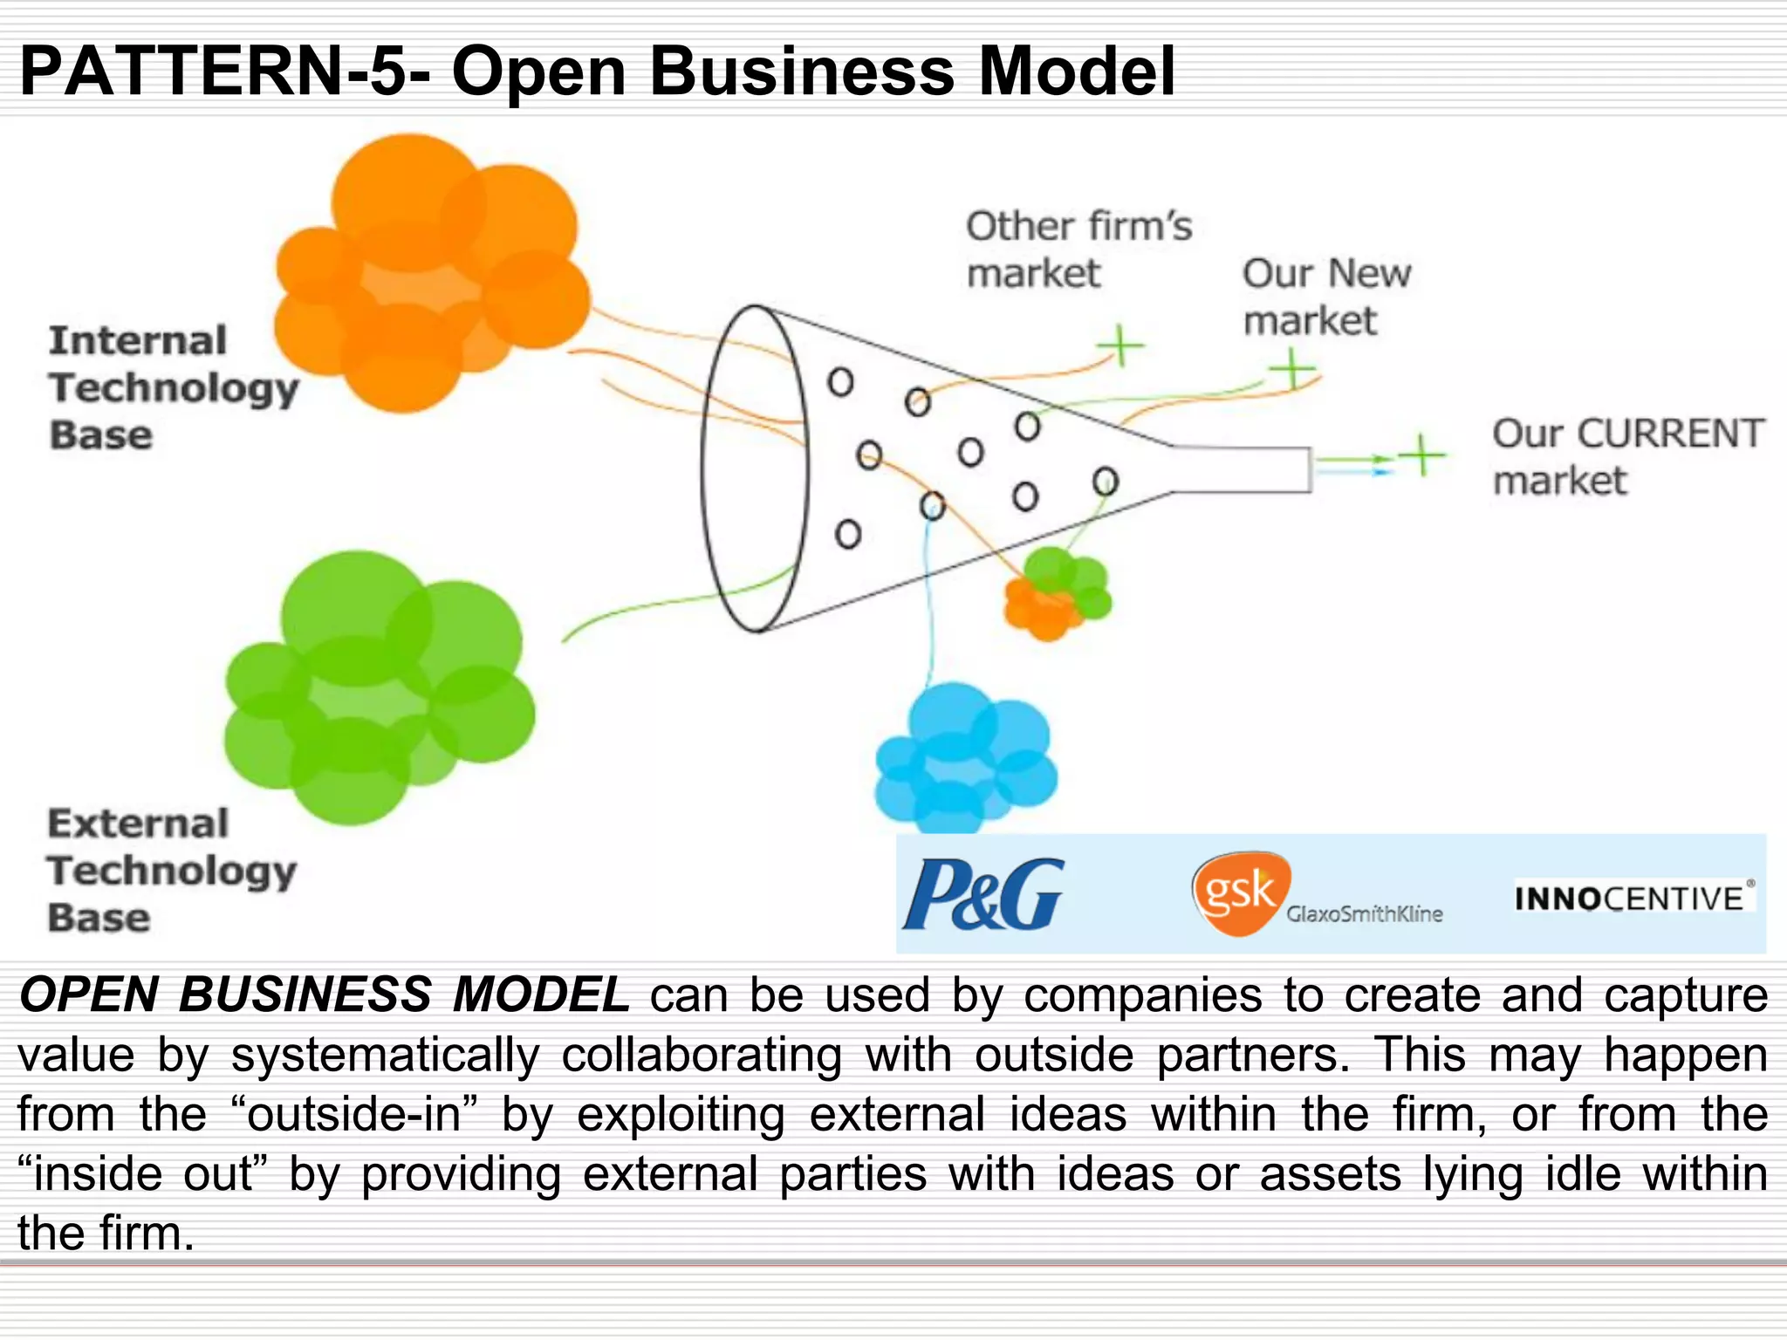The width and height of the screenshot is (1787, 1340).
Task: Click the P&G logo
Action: [x=983, y=893]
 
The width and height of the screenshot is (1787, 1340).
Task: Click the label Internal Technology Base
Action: [x=173, y=387]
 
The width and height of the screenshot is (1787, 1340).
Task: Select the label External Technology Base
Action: [x=171, y=870]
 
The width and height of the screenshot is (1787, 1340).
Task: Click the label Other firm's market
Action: [x=1078, y=250]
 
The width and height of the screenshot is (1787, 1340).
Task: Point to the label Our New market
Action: [x=1325, y=297]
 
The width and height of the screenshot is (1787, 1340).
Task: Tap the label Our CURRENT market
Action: [x=1627, y=456]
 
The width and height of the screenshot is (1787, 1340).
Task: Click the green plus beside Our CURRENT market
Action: [x=1422, y=455]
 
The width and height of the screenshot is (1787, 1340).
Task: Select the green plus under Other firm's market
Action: [x=1120, y=346]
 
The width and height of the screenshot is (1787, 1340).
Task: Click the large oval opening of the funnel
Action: [x=755, y=468]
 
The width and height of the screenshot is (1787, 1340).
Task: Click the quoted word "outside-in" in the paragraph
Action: [x=355, y=1114]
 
